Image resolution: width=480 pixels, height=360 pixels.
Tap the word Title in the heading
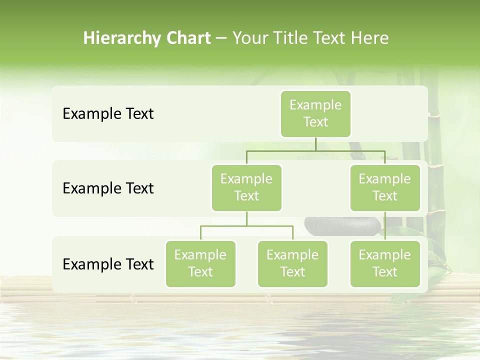[286, 38]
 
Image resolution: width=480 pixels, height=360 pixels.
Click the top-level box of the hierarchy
[315, 114]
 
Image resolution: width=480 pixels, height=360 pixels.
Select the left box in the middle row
[246, 187]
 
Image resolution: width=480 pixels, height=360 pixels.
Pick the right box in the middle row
[385, 187]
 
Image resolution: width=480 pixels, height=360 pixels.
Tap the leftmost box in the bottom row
[200, 263]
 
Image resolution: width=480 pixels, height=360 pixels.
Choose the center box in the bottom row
[292, 263]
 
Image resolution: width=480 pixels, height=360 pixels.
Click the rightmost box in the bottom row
[385, 263]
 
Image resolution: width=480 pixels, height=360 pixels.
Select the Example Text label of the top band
[108, 114]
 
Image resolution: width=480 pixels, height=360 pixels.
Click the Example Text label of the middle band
[108, 188]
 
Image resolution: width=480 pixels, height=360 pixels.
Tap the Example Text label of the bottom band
[108, 264]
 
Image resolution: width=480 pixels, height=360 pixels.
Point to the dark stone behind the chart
[340, 225]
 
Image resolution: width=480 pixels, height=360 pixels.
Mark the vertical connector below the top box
[315, 144]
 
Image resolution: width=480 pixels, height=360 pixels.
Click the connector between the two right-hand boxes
[385, 226]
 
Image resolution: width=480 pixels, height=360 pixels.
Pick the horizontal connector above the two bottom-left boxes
[246, 226]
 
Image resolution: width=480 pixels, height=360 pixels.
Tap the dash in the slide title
[221, 38]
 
